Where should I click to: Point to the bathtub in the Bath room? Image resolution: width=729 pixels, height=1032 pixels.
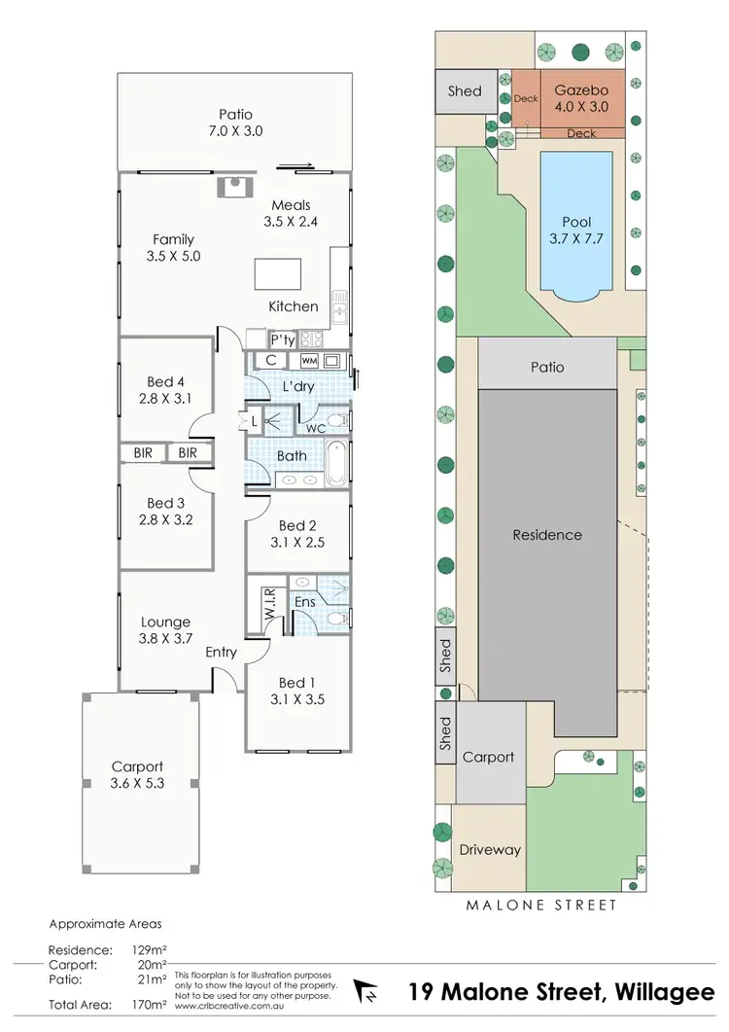335,464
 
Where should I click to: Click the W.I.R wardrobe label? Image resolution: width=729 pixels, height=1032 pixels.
270,607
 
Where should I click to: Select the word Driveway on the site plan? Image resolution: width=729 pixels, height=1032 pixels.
489,849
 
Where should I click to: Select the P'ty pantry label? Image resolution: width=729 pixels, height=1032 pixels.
282,339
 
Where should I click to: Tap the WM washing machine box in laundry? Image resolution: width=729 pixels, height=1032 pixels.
309,361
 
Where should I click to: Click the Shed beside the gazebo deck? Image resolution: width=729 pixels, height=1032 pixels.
465,91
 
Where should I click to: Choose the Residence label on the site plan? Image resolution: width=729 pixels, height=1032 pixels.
547,535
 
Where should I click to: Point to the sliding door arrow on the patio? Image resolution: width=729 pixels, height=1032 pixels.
302,166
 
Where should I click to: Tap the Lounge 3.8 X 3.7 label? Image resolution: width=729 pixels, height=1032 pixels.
166,630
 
